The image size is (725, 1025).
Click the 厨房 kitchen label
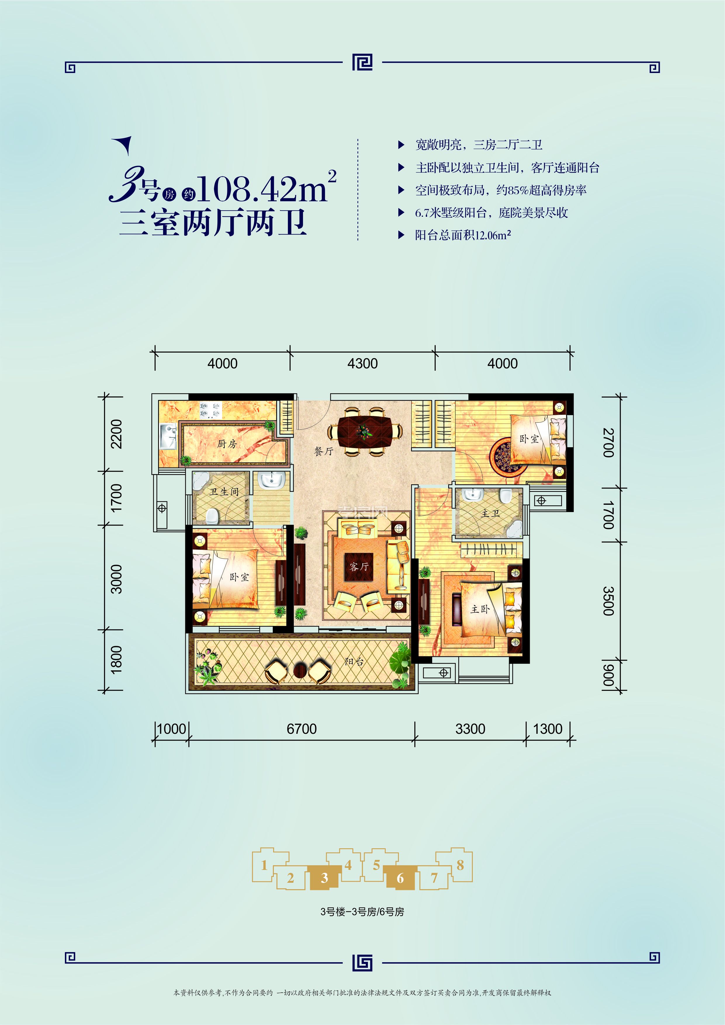coord(227,444)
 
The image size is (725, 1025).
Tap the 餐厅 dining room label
coord(323,451)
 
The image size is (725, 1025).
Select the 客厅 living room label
coord(359,566)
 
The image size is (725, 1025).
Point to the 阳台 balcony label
coord(354,662)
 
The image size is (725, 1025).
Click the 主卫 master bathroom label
coord(490,514)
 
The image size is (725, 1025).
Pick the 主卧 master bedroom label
coord(480,609)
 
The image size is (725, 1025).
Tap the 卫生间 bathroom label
coord(224,492)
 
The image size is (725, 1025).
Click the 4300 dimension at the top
coord(362,363)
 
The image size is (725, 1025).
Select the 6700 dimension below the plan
coord(302,729)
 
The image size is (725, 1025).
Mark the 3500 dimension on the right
coord(608,601)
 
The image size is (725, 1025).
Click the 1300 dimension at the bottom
coord(548,729)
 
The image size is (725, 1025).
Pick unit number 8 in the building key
coord(460,865)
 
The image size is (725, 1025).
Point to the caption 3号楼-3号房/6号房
coord(362,912)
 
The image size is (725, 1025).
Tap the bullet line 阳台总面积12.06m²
coord(463,235)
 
